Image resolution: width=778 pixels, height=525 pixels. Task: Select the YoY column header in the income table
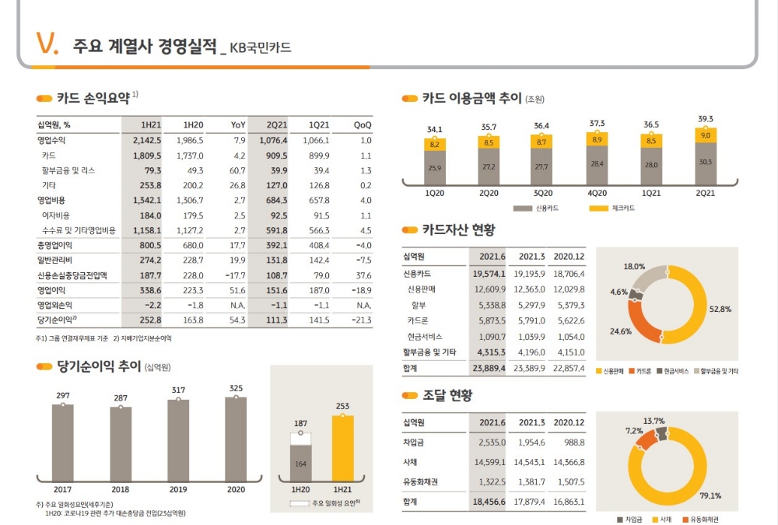(x=238, y=124)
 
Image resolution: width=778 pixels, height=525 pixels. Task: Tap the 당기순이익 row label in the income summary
(x=56, y=320)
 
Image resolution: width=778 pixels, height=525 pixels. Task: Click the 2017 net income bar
(x=63, y=443)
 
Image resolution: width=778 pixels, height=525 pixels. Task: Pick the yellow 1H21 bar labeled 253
(x=342, y=450)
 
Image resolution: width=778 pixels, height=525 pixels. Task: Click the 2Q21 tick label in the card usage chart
(x=705, y=193)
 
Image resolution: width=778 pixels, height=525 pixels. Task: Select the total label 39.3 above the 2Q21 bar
(x=705, y=119)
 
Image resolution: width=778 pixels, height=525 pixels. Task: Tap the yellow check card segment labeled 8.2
(x=434, y=145)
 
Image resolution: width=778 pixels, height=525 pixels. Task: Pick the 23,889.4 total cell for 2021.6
(x=489, y=368)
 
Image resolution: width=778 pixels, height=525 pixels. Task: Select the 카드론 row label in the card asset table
(x=418, y=320)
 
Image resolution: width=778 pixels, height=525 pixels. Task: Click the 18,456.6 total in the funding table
(x=489, y=502)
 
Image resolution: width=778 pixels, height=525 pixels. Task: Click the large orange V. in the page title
(x=47, y=45)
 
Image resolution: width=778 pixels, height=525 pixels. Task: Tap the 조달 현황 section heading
(x=447, y=396)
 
